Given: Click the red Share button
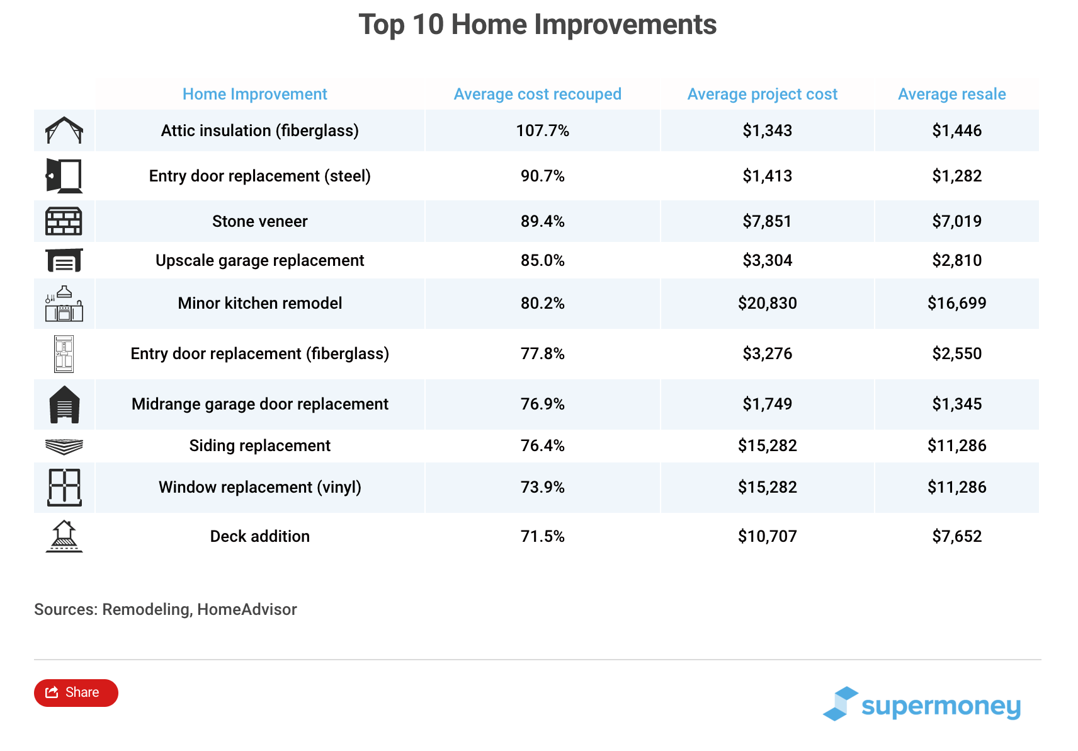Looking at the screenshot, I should [x=76, y=692].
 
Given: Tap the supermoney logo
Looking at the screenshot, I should [x=922, y=704].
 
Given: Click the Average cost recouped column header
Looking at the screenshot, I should [x=537, y=94].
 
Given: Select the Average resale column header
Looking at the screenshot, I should [x=951, y=94].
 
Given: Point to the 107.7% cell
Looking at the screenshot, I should [x=542, y=130].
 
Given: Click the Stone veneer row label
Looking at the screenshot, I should [x=259, y=221].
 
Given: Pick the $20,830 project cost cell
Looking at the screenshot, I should [x=767, y=303].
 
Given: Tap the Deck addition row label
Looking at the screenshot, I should [x=259, y=536].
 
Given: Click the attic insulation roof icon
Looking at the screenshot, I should [x=64, y=130].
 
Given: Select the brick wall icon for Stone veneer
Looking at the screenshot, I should [x=64, y=221].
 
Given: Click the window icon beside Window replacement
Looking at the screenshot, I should [x=64, y=487].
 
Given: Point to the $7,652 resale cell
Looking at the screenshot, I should [x=956, y=536].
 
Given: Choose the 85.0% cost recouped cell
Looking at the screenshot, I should [x=542, y=260].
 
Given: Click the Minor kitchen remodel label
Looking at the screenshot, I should [x=259, y=303].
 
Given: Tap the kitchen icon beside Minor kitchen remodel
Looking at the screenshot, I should [x=64, y=304].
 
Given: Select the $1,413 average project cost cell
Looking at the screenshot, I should [x=767, y=176].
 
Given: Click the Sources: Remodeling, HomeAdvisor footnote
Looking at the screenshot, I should [x=165, y=609].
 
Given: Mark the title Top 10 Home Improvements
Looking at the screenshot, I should [x=537, y=25].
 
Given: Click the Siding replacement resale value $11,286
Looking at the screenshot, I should [x=956, y=445].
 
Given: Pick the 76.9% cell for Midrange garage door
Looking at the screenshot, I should [x=542, y=404].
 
